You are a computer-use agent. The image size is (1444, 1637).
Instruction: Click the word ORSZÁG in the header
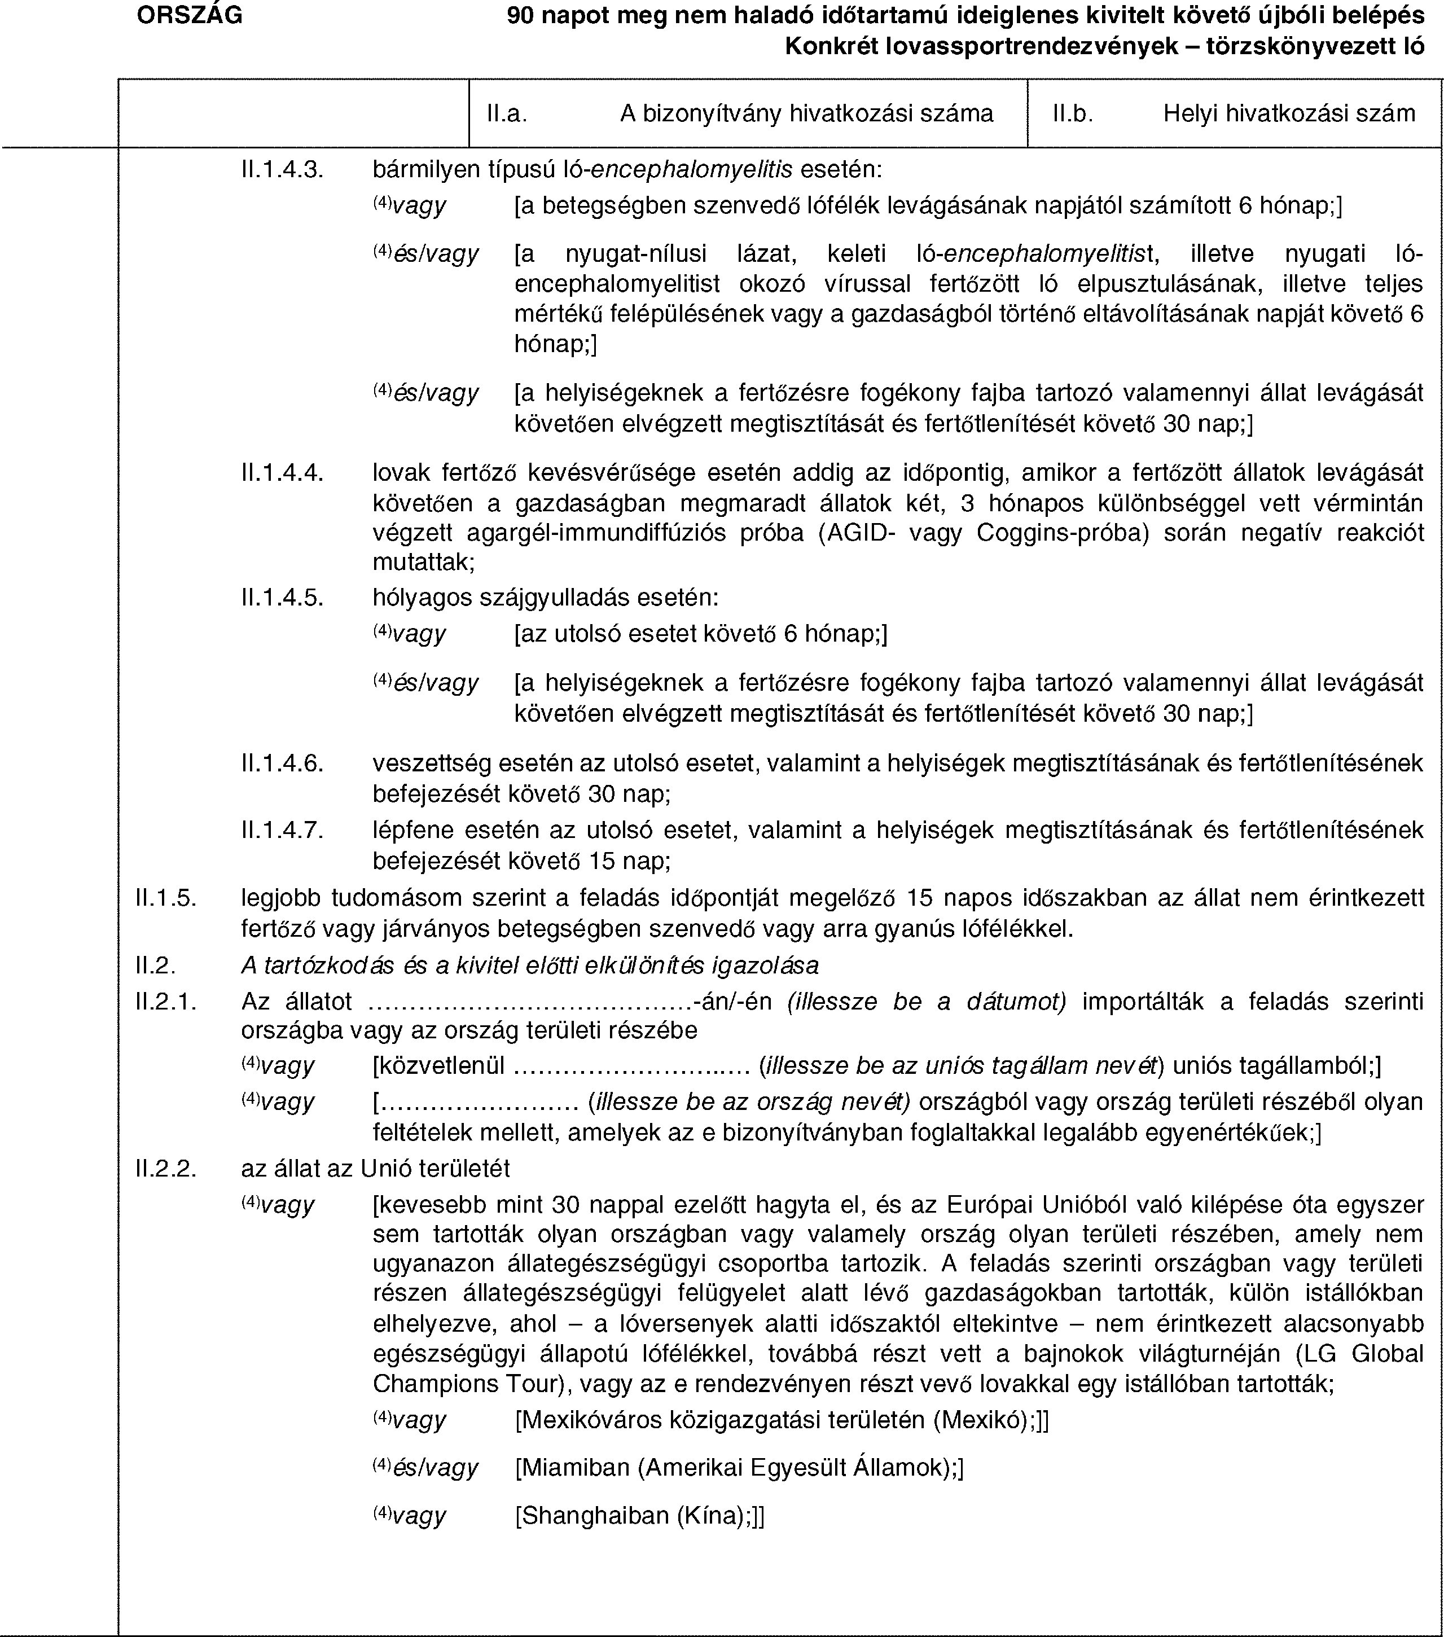coord(189,15)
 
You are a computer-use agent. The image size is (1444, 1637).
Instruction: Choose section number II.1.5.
coord(166,897)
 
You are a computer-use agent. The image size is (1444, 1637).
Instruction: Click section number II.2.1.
coord(166,1001)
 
